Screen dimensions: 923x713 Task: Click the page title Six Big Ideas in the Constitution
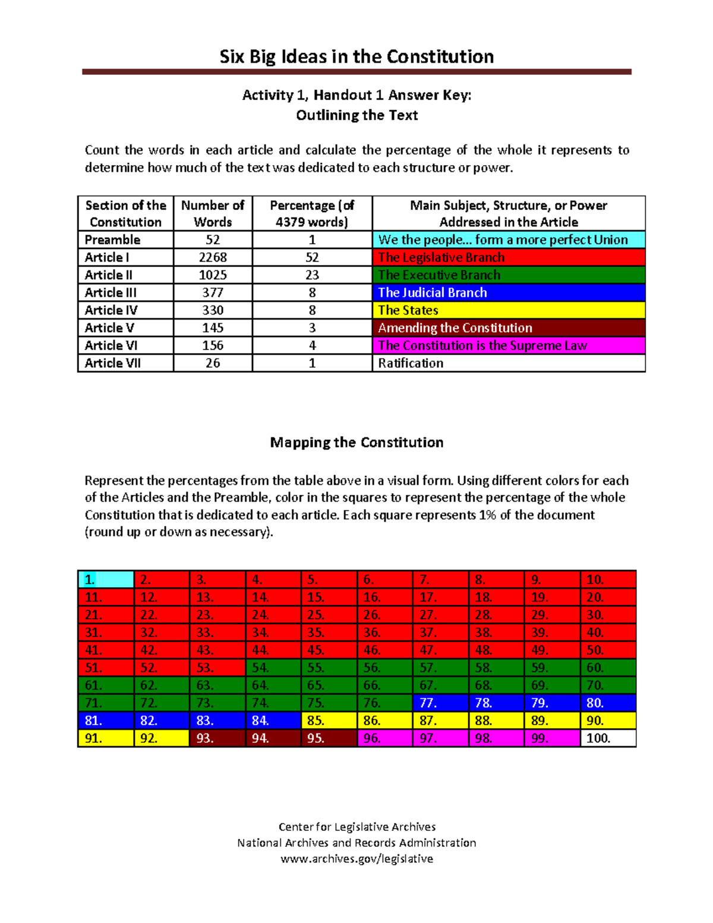tap(356, 56)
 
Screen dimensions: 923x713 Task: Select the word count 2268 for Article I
tap(213, 257)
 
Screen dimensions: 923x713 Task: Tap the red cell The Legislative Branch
tap(508, 257)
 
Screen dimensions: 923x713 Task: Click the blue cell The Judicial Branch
tap(508, 292)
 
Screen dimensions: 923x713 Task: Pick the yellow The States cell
tap(508, 310)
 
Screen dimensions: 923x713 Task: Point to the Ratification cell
tap(508, 363)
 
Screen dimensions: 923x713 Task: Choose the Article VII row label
tap(113, 363)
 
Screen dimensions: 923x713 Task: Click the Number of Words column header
tap(213, 213)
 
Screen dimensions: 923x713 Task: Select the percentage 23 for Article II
tap(312, 275)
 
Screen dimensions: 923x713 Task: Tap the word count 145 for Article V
tap(213, 328)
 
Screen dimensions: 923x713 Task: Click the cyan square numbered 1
tap(106, 579)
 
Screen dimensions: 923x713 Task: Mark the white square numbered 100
tap(608, 738)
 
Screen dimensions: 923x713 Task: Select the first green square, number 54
tap(273, 667)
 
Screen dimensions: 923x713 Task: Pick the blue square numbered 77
tap(440, 703)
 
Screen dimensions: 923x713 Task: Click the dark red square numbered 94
tap(273, 738)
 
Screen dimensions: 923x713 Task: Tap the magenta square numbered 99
tap(552, 738)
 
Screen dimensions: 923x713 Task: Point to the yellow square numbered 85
tap(329, 720)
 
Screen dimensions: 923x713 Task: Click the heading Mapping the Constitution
tap(356, 442)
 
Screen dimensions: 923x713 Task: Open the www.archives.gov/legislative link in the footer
tap(356, 859)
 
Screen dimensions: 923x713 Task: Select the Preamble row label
tap(113, 240)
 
